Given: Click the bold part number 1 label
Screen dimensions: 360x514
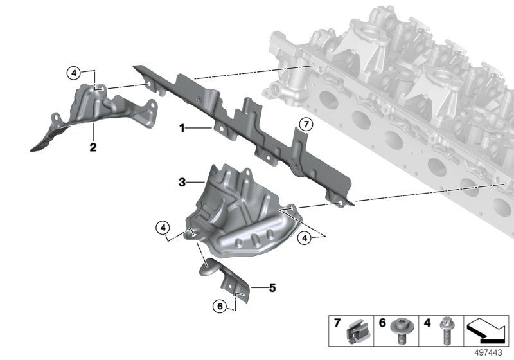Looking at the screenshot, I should (x=182, y=129).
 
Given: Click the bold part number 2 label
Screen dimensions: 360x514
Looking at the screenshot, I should (x=93, y=147).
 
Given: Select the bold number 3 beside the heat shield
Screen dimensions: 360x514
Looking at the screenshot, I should (x=182, y=183).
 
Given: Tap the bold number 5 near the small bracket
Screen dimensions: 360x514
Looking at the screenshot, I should (x=272, y=287).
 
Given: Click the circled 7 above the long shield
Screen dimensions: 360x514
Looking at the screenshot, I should (x=306, y=124).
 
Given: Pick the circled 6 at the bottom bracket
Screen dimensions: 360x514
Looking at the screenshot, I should (x=220, y=307).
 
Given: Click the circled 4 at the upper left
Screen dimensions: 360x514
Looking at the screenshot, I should (x=75, y=73).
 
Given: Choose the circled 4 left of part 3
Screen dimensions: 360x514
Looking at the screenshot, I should (x=164, y=227).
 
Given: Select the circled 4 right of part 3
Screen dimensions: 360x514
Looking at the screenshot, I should (x=306, y=239).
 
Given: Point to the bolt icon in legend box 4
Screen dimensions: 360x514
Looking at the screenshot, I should (x=444, y=332).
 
